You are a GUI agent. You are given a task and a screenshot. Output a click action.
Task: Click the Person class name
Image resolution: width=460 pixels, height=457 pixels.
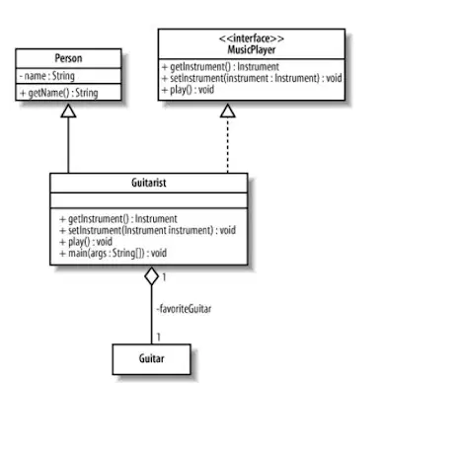[x=68, y=58]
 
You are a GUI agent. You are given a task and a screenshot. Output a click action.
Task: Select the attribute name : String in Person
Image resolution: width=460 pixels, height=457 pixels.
[x=47, y=76]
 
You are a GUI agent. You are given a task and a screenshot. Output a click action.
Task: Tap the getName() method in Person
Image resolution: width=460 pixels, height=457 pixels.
[x=59, y=93]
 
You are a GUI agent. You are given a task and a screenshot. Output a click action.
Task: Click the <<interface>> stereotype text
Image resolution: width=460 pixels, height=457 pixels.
[x=252, y=38]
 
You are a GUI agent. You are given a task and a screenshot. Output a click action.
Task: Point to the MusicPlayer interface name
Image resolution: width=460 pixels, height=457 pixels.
[x=252, y=49]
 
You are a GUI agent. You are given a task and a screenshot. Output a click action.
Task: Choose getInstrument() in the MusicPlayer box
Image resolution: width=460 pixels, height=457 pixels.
[x=220, y=67]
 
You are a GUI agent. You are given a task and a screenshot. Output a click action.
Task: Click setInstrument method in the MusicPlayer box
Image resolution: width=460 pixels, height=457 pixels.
[x=252, y=78]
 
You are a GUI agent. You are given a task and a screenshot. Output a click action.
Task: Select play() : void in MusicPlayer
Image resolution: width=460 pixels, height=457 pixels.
[x=188, y=90]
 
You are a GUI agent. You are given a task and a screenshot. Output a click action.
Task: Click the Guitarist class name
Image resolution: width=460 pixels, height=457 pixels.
[x=149, y=183]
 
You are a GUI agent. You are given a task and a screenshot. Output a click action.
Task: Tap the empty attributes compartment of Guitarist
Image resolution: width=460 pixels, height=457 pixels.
[x=149, y=200]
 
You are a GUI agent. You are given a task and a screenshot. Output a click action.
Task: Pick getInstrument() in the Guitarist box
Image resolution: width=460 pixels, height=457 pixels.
[x=118, y=219]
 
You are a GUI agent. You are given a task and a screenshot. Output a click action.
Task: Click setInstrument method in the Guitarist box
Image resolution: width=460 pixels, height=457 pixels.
[x=147, y=230]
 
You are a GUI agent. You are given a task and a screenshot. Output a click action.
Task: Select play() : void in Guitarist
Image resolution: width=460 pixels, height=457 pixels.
[x=86, y=242]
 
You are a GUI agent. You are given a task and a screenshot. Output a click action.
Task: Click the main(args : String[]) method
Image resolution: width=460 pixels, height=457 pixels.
[x=114, y=253]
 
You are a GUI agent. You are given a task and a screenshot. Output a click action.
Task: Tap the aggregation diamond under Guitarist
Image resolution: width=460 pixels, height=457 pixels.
[x=151, y=276]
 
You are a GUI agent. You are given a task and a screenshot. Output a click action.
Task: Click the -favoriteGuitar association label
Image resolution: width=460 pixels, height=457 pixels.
[x=184, y=309]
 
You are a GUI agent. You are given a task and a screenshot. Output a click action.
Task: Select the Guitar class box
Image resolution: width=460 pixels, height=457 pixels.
[x=151, y=359]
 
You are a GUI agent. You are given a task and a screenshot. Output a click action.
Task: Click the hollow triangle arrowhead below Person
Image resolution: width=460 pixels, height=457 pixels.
[x=68, y=111]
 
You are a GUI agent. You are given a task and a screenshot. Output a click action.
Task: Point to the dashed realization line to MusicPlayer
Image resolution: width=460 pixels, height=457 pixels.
[x=228, y=145]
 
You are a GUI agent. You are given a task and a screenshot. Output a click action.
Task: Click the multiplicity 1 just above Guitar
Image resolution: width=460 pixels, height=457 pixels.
[x=159, y=337]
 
